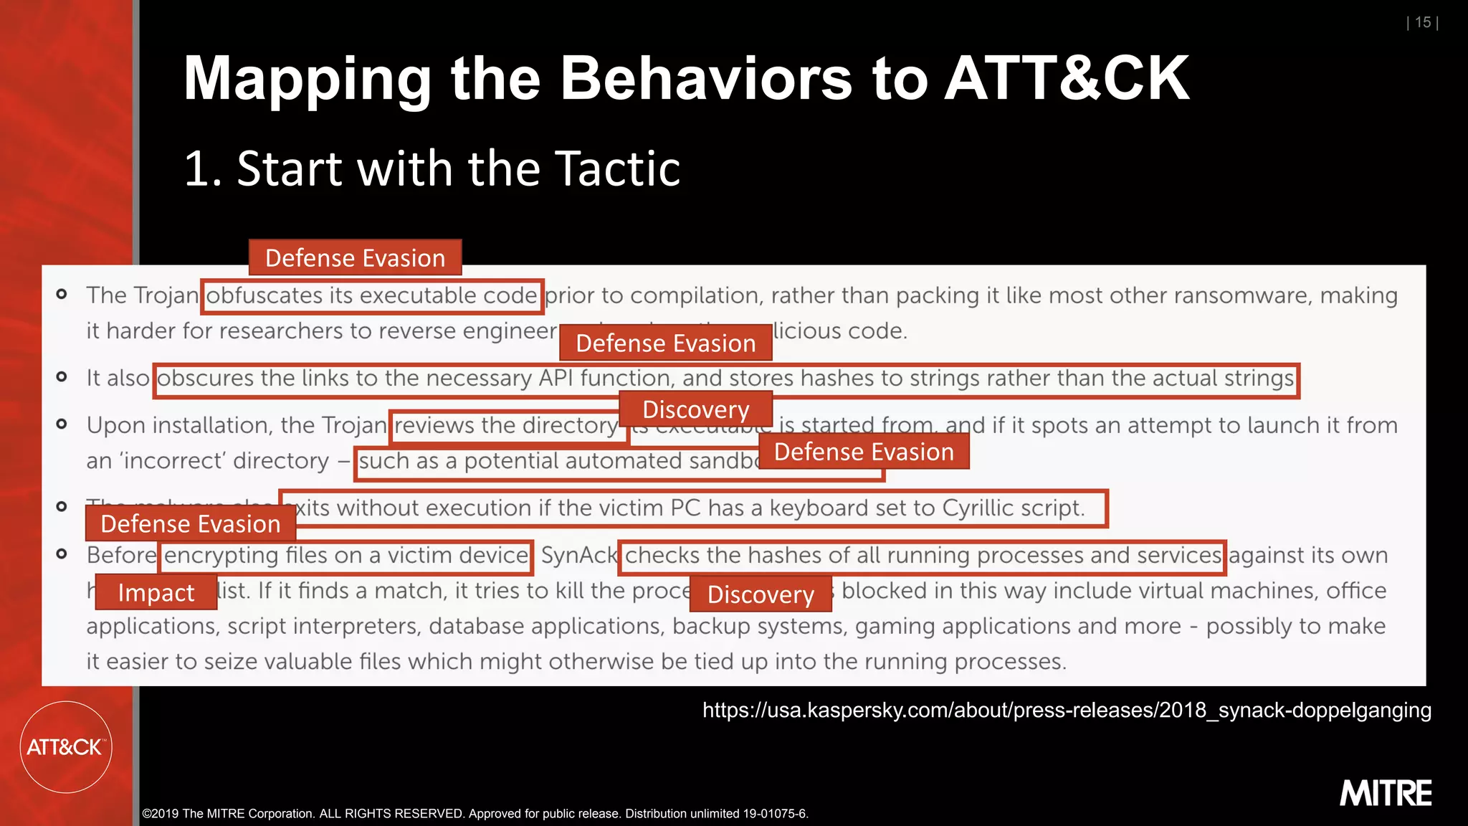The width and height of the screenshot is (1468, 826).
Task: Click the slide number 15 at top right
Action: click(1423, 23)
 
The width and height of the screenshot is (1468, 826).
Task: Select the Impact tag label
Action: click(156, 593)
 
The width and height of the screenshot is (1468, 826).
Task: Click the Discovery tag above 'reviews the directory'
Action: click(695, 409)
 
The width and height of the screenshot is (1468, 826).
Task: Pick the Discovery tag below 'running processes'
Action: click(761, 594)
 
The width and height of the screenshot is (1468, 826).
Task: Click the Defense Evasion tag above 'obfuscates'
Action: click(355, 258)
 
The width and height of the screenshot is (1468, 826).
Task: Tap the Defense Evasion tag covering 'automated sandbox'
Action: click(864, 452)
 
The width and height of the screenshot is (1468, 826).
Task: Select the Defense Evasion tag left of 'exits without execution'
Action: click(190, 524)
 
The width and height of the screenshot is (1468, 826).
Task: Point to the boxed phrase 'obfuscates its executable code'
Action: click(371, 296)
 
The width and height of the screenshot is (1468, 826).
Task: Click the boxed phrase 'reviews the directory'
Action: click(505, 426)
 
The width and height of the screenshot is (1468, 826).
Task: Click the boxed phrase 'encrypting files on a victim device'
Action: click(345, 556)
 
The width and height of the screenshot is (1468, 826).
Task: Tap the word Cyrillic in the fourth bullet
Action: click(978, 508)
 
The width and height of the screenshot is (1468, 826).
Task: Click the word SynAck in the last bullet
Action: click(579, 556)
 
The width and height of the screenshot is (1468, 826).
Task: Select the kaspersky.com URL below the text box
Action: click(1067, 711)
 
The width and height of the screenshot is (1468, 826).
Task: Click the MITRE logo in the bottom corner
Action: click(1385, 794)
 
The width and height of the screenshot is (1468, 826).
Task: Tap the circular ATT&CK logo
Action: click(66, 747)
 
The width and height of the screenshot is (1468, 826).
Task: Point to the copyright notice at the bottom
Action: click(475, 814)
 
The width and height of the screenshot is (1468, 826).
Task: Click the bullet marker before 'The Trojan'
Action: click(62, 295)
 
